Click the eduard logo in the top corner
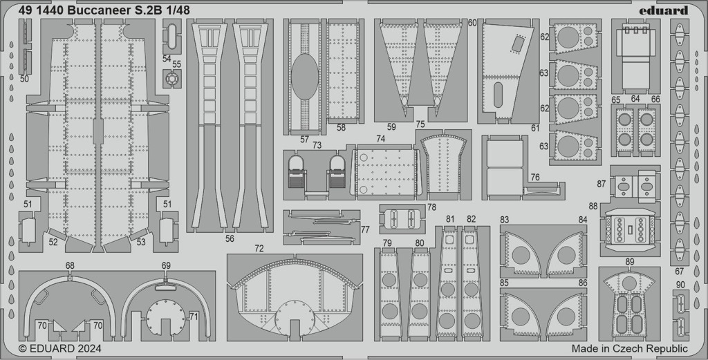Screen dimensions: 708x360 (x=664, y=10)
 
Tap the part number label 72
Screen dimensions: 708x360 (x=259, y=249)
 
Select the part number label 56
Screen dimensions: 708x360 (x=230, y=238)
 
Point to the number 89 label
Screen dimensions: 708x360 (x=630, y=262)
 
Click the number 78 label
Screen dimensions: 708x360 (x=431, y=207)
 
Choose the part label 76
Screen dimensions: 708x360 (x=535, y=178)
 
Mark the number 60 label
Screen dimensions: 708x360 (x=473, y=23)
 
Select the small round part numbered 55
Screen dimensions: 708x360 (x=171, y=79)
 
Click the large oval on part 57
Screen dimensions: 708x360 (x=304, y=77)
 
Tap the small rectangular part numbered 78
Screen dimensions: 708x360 (x=402, y=219)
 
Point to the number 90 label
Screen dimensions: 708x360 (x=680, y=285)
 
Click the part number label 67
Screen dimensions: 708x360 (x=680, y=272)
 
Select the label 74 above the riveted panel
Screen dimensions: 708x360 (x=381, y=140)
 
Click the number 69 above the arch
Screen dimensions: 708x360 (x=166, y=266)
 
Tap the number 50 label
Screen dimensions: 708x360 (x=24, y=79)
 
